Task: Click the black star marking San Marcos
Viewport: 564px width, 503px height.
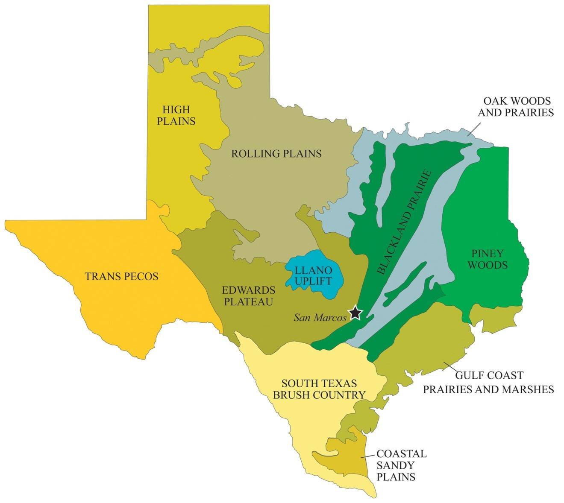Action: pyautogui.click(x=355, y=313)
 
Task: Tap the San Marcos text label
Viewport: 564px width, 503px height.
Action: pyautogui.click(x=320, y=318)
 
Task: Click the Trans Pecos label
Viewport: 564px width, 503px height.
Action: pyautogui.click(x=122, y=276)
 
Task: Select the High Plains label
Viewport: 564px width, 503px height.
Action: pyautogui.click(x=176, y=115)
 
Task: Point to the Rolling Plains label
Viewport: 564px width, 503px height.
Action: pyautogui.click(x=276, y=153)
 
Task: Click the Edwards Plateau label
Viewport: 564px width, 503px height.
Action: pyautogui.click(x=249, y=296)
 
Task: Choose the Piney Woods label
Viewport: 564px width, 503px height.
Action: pyautogui.click(x=488, y=259)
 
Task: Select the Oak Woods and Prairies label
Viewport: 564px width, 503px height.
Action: pyautogui.click(x=515, y=107)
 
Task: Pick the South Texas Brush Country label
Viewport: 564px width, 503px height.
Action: pyautogui.click(x=319, y=389)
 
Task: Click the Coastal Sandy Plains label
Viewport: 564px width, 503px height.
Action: pyautogui.click(x=401, y=465)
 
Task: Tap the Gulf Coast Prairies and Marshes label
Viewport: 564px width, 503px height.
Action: pyautogui.click(x=488, y=382)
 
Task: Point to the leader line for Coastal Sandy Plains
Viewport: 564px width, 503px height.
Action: pyautogui.click(x=368, y=456)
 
